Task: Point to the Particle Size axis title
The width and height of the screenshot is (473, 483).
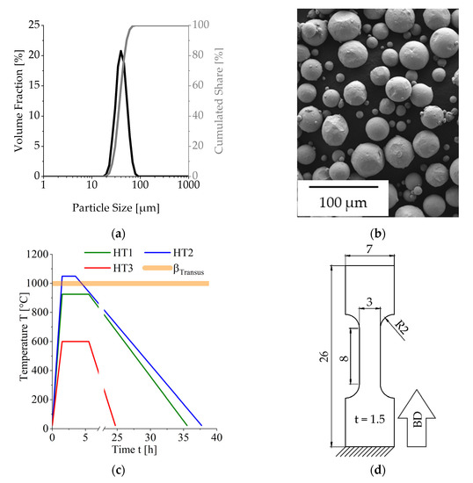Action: tap(115, 208)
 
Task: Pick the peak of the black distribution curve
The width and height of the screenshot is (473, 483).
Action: tap(120, 51)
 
